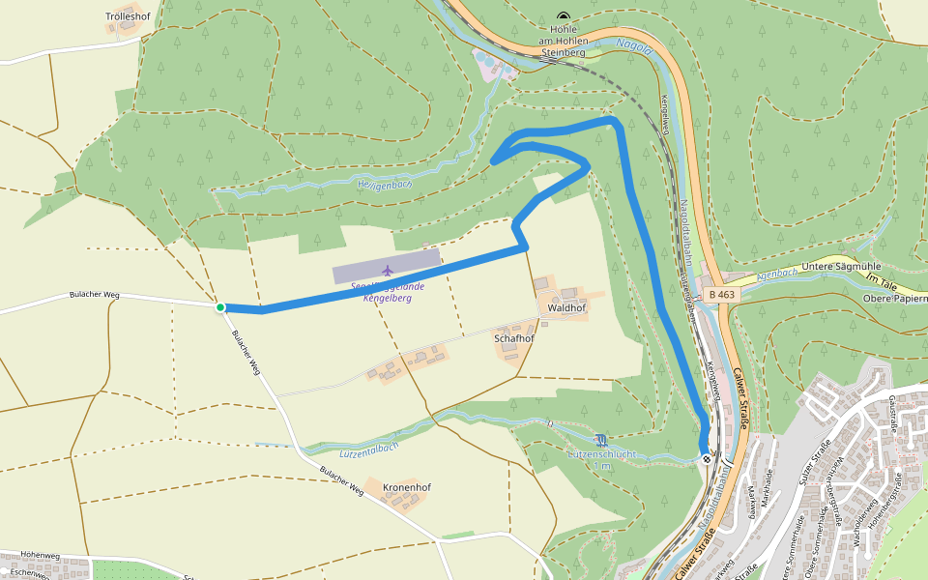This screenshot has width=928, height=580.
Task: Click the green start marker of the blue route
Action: [220, 307]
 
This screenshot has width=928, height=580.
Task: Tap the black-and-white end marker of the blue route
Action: [708, 459]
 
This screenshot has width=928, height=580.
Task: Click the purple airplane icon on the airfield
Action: [388, 270]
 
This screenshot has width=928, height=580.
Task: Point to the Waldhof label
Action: [566, 307]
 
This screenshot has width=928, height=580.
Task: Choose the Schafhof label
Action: [514, 339]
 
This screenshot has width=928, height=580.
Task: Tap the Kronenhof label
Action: [406, 487]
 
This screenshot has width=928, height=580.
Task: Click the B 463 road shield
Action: [721, 293]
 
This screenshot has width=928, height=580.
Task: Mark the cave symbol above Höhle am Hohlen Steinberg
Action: [564, 15]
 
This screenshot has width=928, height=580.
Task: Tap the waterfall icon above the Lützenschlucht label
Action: [602, 440]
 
